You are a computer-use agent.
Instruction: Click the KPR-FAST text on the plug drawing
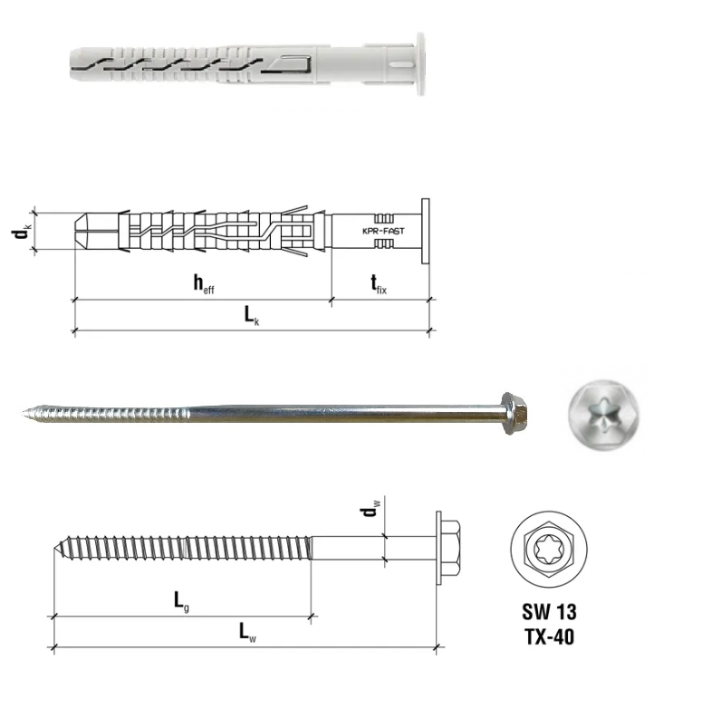(x=382, y=232)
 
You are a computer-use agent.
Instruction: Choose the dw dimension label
(x=370, y=511)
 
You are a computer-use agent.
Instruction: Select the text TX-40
(x=549, y=636)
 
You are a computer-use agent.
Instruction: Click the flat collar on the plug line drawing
(x=425, y=231)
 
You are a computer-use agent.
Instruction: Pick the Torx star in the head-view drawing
(x=548, y=550)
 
